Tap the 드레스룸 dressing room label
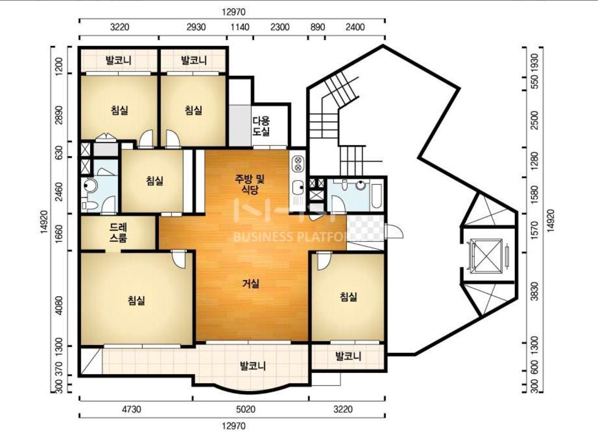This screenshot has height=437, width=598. [118, 232]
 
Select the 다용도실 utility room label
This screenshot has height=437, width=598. [261, 126]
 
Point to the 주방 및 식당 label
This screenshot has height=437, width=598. [250, 184]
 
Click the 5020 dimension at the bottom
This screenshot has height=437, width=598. [245, 409]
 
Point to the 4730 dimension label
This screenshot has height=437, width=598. [131, 409]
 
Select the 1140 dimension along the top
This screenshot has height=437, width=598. [240, 27]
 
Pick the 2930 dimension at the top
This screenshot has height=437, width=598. [196, 27]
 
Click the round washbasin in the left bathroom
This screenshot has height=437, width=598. [89, 185]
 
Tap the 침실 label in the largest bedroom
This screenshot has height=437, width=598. [136, 301]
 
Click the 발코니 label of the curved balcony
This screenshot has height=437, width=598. [253, 365]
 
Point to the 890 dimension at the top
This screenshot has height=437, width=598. [317, 27]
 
